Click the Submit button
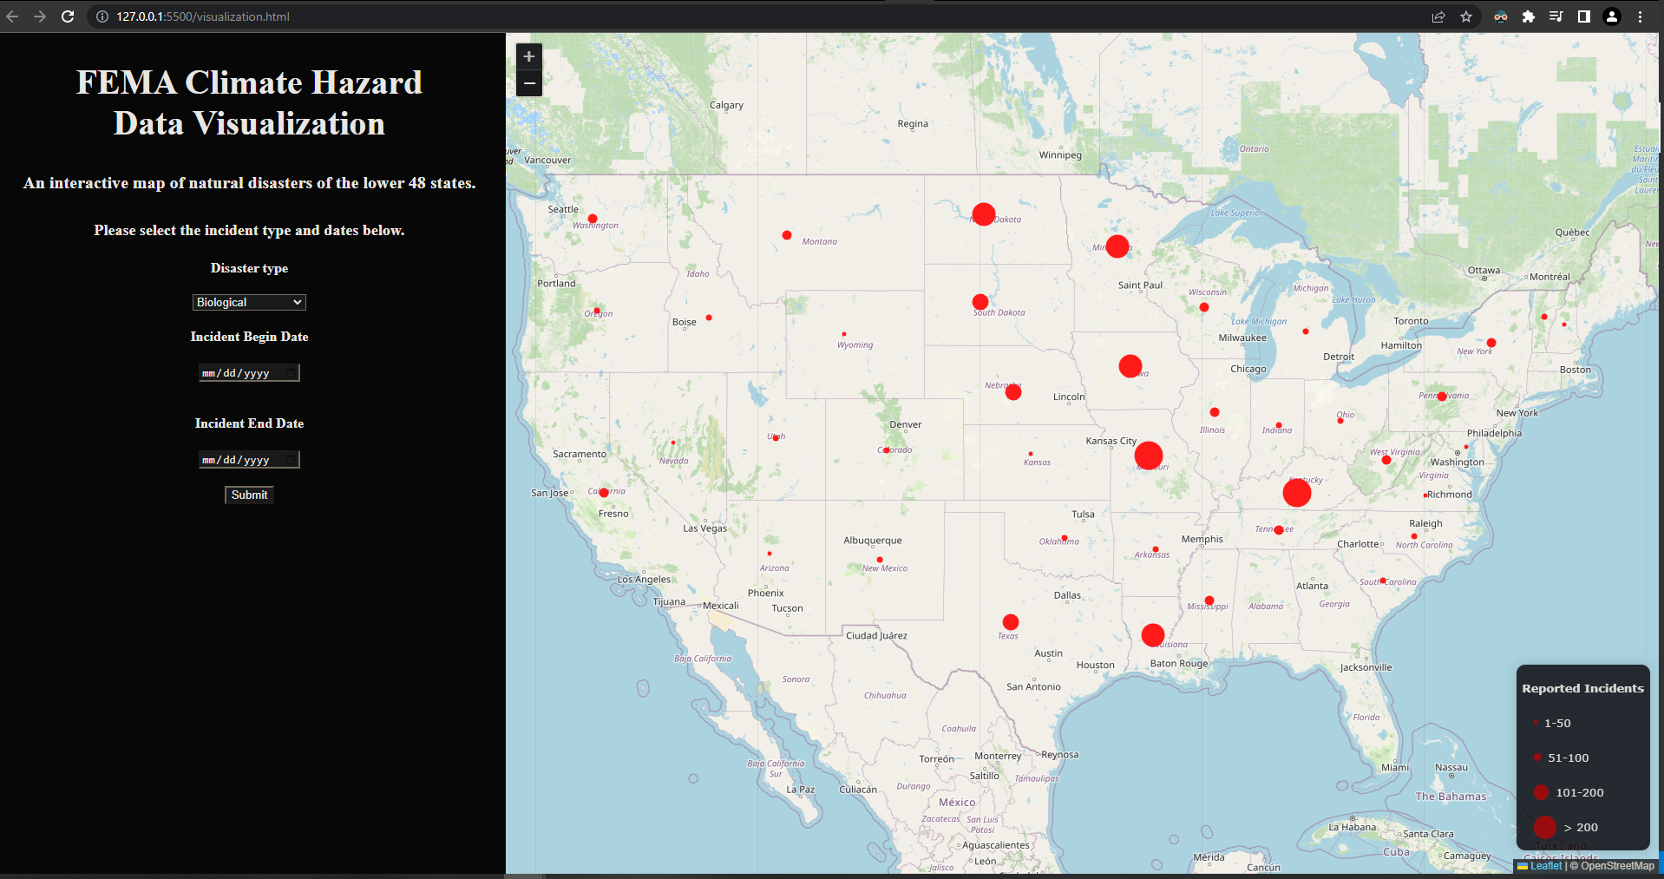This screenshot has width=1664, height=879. click(249, 495)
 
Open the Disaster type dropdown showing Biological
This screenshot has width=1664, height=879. click(249, 302)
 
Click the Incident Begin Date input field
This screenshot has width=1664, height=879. click(249, 373)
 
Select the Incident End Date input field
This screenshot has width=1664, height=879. click(249, 460)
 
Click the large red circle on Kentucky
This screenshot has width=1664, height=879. click(1296, 493)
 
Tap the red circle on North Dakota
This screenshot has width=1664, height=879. click(983, 214)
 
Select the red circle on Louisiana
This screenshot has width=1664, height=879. click(1152, 635)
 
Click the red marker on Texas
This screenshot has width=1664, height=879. click(1010, 622)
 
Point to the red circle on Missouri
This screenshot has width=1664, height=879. click(1148, 456)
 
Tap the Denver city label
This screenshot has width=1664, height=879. click(905, 424)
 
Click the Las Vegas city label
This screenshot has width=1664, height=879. click(704, 528)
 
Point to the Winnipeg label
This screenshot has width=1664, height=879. click(1060, 155)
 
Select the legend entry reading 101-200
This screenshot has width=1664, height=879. click(1579, 792)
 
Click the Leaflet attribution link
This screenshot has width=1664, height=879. click(1545, 866)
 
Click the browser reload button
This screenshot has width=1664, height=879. click(68, 16)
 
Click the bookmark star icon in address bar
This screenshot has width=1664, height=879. click(1466, 16)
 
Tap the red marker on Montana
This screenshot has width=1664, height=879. click(787, 235)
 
